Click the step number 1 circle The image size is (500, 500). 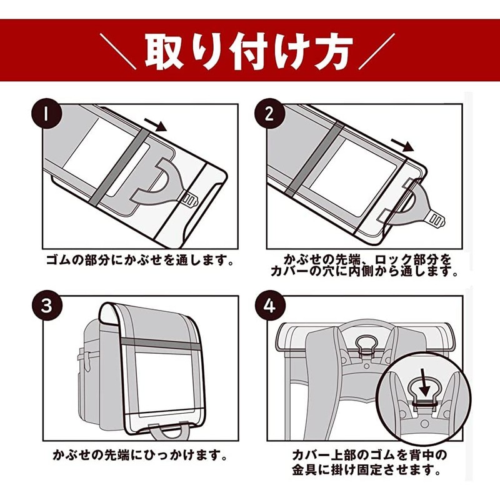tap(46, 114)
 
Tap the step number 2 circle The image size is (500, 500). tap(270, 114)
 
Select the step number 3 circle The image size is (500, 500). tap(46, 306)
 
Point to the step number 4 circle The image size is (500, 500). tap(270, 306)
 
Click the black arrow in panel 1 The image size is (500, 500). tap(156, 124)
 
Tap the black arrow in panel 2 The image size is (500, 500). tap(402, 145)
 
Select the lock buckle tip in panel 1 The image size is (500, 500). tap(191, 200)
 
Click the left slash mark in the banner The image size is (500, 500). tap(117, 51)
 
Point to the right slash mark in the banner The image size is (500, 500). tap(377, 51)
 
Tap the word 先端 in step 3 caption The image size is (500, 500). tap(118, 455)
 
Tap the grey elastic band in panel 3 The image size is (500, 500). tap(161, 344)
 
